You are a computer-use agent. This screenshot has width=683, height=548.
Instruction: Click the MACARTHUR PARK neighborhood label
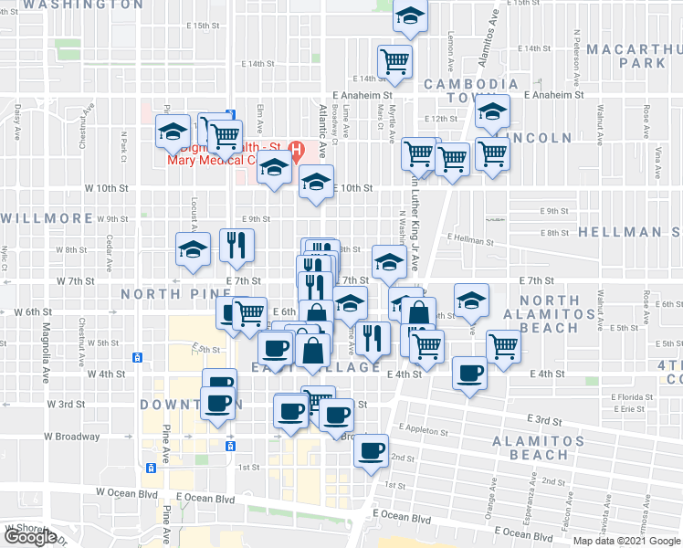pos(632,55)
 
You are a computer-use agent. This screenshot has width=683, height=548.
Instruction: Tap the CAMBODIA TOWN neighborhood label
pos(471,91)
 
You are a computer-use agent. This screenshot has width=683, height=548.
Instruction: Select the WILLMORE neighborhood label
pos(47,218)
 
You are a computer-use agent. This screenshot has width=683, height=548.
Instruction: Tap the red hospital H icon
pos(296,148)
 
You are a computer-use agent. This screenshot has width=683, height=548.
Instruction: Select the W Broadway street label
pos(71,437)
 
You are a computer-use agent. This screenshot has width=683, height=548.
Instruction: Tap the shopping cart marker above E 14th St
pos(395,61)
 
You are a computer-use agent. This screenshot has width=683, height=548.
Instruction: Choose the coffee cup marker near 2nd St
pos(371,450)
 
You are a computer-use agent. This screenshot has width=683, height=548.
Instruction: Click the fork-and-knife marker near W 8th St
pos(237,245)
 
